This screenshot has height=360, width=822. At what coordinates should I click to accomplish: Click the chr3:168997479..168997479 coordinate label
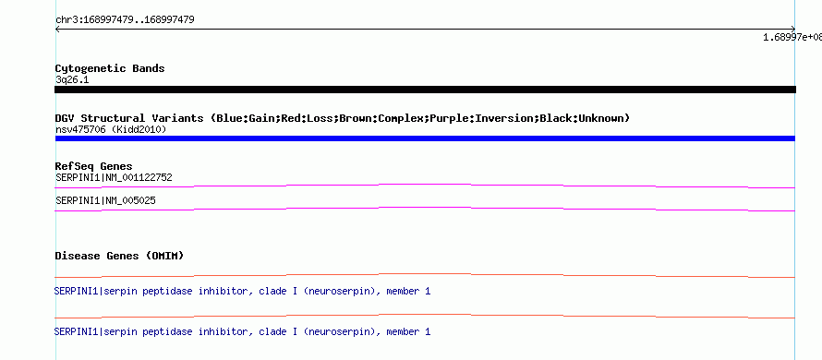tap(125, 20)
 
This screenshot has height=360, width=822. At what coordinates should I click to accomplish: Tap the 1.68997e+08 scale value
tap(792, 37)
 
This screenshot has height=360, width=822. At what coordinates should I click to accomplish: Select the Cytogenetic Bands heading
tap(110, 68)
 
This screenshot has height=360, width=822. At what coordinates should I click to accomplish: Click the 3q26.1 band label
tap(72, 79)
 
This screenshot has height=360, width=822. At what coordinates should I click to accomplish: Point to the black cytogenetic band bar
tap(425, 90)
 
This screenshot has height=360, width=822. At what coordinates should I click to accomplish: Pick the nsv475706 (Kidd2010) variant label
tap(111, 129)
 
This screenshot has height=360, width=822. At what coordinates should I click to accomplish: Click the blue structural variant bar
tap(425, 138)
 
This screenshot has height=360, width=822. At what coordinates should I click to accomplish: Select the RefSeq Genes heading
tap(94, 167)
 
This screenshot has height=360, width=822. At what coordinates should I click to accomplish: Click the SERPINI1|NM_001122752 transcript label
tap(114, 177)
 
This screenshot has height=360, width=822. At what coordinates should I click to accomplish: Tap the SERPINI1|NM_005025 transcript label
tap(105, 200)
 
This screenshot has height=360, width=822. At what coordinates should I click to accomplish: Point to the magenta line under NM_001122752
tap(425, 186)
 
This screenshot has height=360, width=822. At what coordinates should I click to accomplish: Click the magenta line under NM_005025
tap(425, 210)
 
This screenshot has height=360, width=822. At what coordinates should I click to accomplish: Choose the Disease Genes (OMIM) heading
tap(119, 257)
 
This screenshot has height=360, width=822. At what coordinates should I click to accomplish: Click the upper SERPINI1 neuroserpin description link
tap(242, 291)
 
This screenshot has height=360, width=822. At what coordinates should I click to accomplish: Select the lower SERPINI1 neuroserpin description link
tap(242, 331)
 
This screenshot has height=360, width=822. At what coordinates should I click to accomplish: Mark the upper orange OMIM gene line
tap(425, 275)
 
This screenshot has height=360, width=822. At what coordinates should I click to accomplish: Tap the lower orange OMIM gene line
tap(425, 316)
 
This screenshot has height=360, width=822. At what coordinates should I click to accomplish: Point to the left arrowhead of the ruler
tap(56, 30)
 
